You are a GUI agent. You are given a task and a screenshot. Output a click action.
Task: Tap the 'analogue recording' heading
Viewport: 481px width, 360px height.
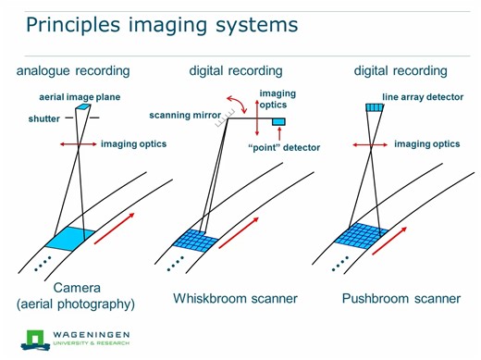pyautogui.click(x=73, y=71)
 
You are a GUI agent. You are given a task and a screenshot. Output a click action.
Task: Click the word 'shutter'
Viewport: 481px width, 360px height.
pyautogui.click(x=44, y=118)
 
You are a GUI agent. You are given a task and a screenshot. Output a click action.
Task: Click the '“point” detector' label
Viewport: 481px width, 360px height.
pyautogui.click(x=284, y=148)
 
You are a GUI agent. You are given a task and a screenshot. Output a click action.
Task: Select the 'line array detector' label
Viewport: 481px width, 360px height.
pyautogui.click(x=423, y=97)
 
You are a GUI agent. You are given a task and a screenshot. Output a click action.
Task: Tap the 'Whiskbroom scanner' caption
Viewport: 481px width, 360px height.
pyautogui.click(x=235, y=298)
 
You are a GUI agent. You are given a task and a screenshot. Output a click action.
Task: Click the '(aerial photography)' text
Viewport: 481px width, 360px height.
pyautogui.click(x=76, y=304)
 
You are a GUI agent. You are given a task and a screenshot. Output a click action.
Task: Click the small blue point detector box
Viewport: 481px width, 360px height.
pyautogui.click(x=279, y=122)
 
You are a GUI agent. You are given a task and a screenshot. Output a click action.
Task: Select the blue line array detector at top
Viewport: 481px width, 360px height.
pyautogui.click(x=373, y=107)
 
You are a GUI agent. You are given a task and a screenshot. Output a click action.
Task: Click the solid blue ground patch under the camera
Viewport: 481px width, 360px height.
pyautogui.click(x=69, y=239)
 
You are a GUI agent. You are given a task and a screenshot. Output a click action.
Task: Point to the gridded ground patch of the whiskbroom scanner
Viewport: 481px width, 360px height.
pyautogui.click(x=195, y=240)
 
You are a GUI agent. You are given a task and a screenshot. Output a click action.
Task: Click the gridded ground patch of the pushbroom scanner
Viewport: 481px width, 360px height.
pyautogui.click(x=356, y=236)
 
